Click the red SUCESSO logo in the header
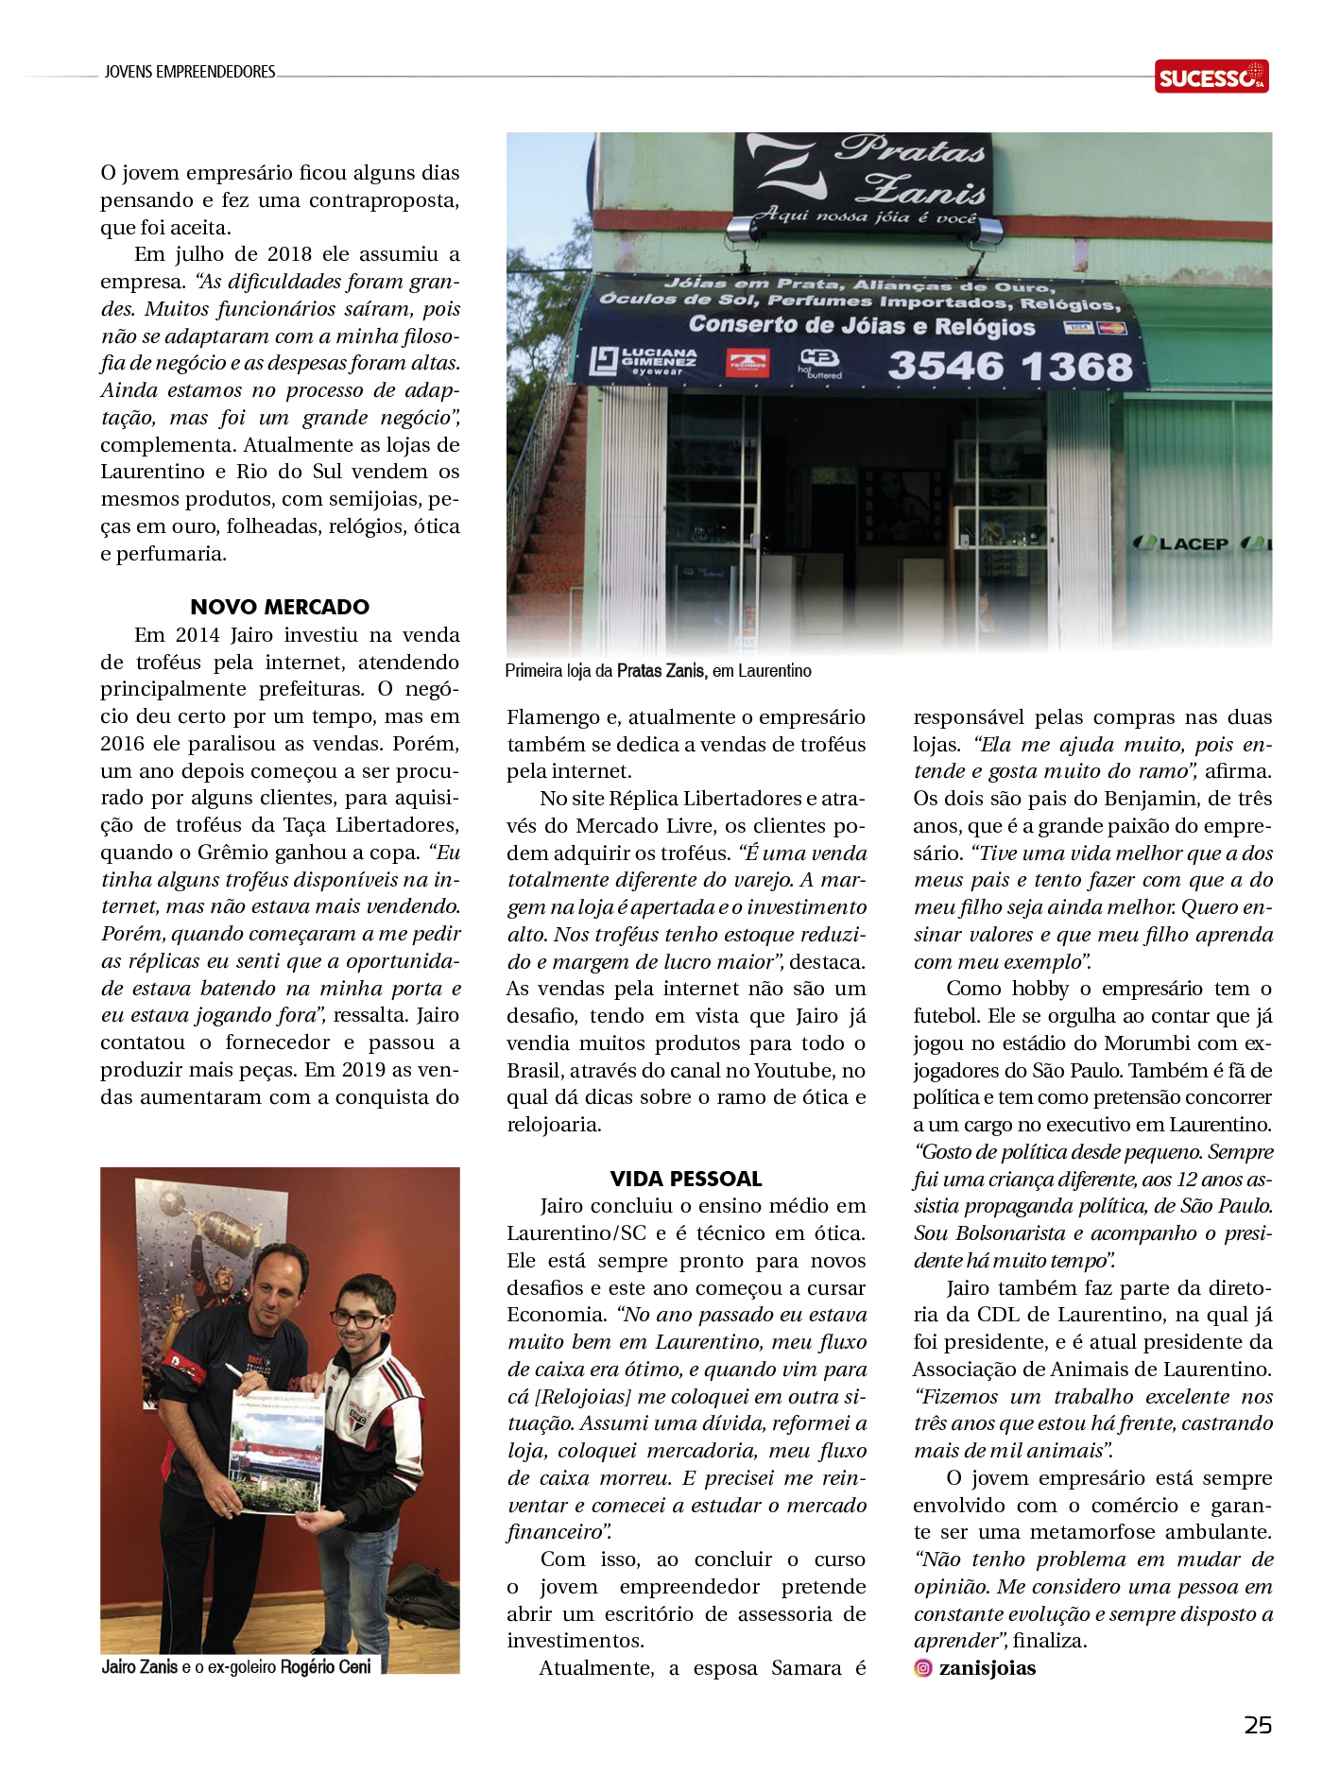point(1211,77)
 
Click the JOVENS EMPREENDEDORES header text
point(190,72)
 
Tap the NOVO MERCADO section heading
point(280,607)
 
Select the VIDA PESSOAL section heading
point(686,1179)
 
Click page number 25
point(1258,1725)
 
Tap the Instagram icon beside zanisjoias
point(923,1668)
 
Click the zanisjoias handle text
point(988,1668)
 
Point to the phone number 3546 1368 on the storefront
point(1009,367)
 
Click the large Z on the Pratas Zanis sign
point(782,170)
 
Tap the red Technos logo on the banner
point(747,364)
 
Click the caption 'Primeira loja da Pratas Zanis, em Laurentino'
point(658,671)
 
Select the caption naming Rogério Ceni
point(236,1667)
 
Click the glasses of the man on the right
point(360,1319)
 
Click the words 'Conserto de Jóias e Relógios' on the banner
point(862,326)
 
